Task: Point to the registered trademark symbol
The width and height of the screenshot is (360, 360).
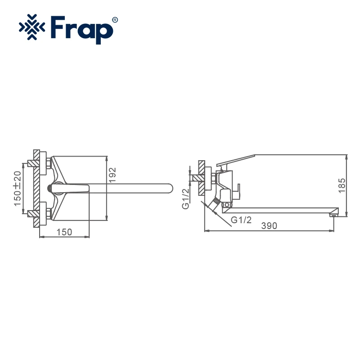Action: pyautogui.click(x=115, y=20)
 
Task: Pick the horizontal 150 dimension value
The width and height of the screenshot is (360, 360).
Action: pyautogui.click(x=64, y=232)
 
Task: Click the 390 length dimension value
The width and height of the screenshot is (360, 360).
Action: pyautogui.click(x=269, y=226)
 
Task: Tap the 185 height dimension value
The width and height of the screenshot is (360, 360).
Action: pyautogui.click(x=342, y=184)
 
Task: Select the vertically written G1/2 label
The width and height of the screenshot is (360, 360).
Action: pyautogui.click(x=185, y=198)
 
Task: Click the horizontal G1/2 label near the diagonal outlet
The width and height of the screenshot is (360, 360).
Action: pyautogui.click(x=241, y=220)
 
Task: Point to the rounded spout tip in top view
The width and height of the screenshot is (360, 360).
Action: pyautogui.click(x=168, y=188)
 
